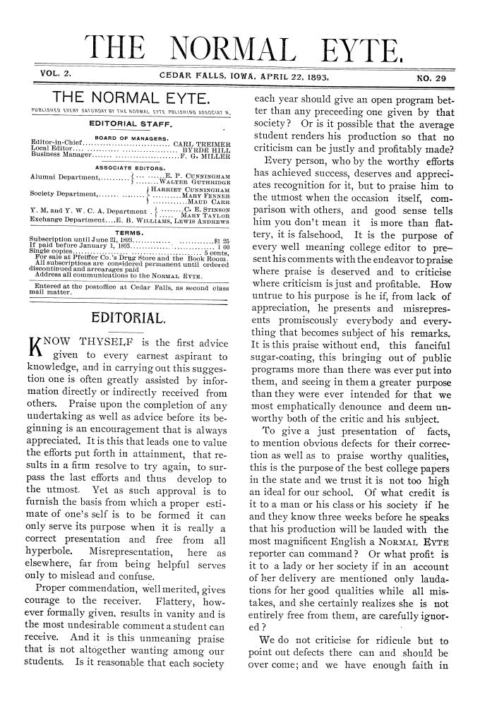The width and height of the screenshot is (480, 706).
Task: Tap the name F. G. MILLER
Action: tap(210, 157)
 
